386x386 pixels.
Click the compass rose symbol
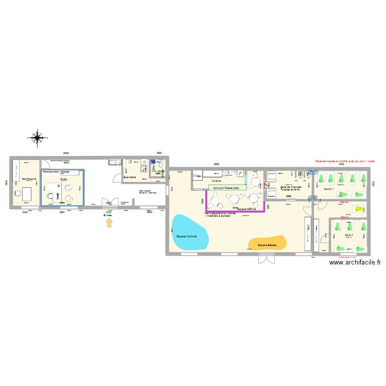click(x=37, y=137)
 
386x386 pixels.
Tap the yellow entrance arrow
click(x=109, y=222)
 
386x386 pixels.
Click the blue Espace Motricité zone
click(x=189, y=233)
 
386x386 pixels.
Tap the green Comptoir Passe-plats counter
click(x=227, y=188)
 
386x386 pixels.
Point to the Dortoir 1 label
click(x=329, y=189)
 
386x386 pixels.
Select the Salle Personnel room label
click(x=29, y=179)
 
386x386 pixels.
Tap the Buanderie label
click(x=130, y=178)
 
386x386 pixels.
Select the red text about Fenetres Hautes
click(x=345, y=161)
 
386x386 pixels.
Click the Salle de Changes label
click(x=290, y=187)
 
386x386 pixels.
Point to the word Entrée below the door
click(x=108, y=214)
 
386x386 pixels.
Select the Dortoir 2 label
click(x=348, y=235)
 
